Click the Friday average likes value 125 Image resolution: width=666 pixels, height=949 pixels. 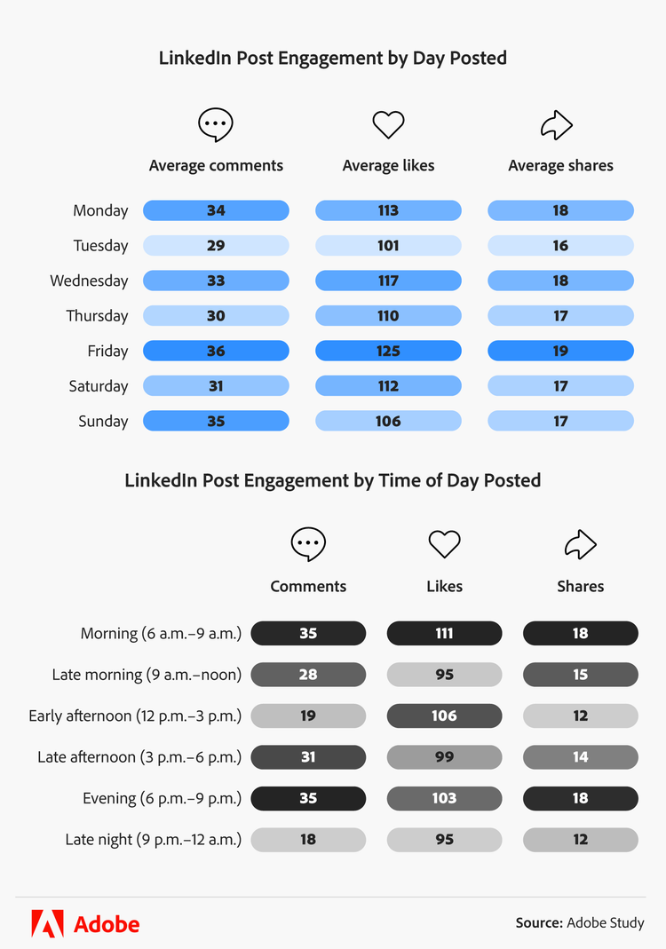tap(388, 351)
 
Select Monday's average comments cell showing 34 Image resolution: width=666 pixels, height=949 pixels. tap(216, 210)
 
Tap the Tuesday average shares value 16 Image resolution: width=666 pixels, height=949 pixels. tap(560, 246)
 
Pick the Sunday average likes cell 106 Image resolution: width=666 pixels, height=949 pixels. tap(388, 421)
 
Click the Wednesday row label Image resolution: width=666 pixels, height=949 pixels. tap(89, 281)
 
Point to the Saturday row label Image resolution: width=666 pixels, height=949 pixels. tap(99, 386)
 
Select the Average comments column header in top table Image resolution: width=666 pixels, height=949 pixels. tap(216, 165)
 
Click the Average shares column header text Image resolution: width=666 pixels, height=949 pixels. tap(560, 165)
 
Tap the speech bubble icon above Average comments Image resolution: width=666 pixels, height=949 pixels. tap(216, 125)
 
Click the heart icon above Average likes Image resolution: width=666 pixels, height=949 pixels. tap(388, 125)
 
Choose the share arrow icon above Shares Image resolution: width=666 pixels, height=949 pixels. tap(580, 544)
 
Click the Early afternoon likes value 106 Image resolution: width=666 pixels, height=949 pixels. tap(444, 716)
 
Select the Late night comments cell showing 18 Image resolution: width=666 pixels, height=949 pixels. tap(308, 839)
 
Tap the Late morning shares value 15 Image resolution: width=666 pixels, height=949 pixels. tap(580, 675)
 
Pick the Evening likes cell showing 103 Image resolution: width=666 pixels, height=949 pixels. tap(444, 798)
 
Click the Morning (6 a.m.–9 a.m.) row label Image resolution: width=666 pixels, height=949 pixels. tap(161, 633)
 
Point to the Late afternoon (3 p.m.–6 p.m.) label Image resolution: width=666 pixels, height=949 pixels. tap(139, 757)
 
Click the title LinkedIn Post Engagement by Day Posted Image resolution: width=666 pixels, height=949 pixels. tap(333, 59)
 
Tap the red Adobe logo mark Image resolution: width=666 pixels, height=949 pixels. tap(47, 923)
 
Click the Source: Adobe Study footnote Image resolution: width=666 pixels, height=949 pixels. tap(580, 923)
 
